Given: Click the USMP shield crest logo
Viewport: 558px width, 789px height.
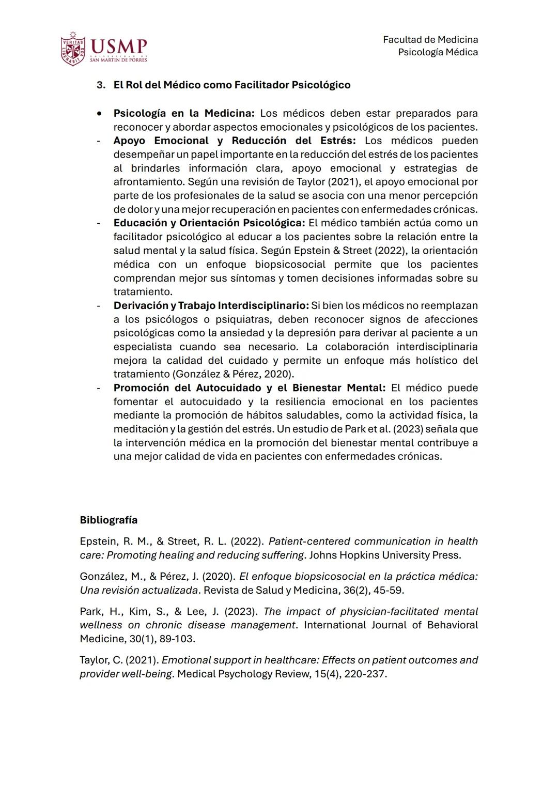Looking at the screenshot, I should (x=73, y=49).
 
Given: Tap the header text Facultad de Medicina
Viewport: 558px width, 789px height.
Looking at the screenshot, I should (x=430, y=40).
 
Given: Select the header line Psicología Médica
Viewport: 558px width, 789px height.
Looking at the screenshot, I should (x=438, y=52).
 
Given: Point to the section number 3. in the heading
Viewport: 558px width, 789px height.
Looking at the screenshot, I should (x=101, y=85).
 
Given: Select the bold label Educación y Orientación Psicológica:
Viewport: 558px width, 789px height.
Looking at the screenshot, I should (x=209, y=223).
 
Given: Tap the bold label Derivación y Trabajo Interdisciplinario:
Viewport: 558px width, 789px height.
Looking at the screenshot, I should (x=211, y=306).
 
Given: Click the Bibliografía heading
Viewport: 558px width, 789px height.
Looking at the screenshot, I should (x=109, y=520).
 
